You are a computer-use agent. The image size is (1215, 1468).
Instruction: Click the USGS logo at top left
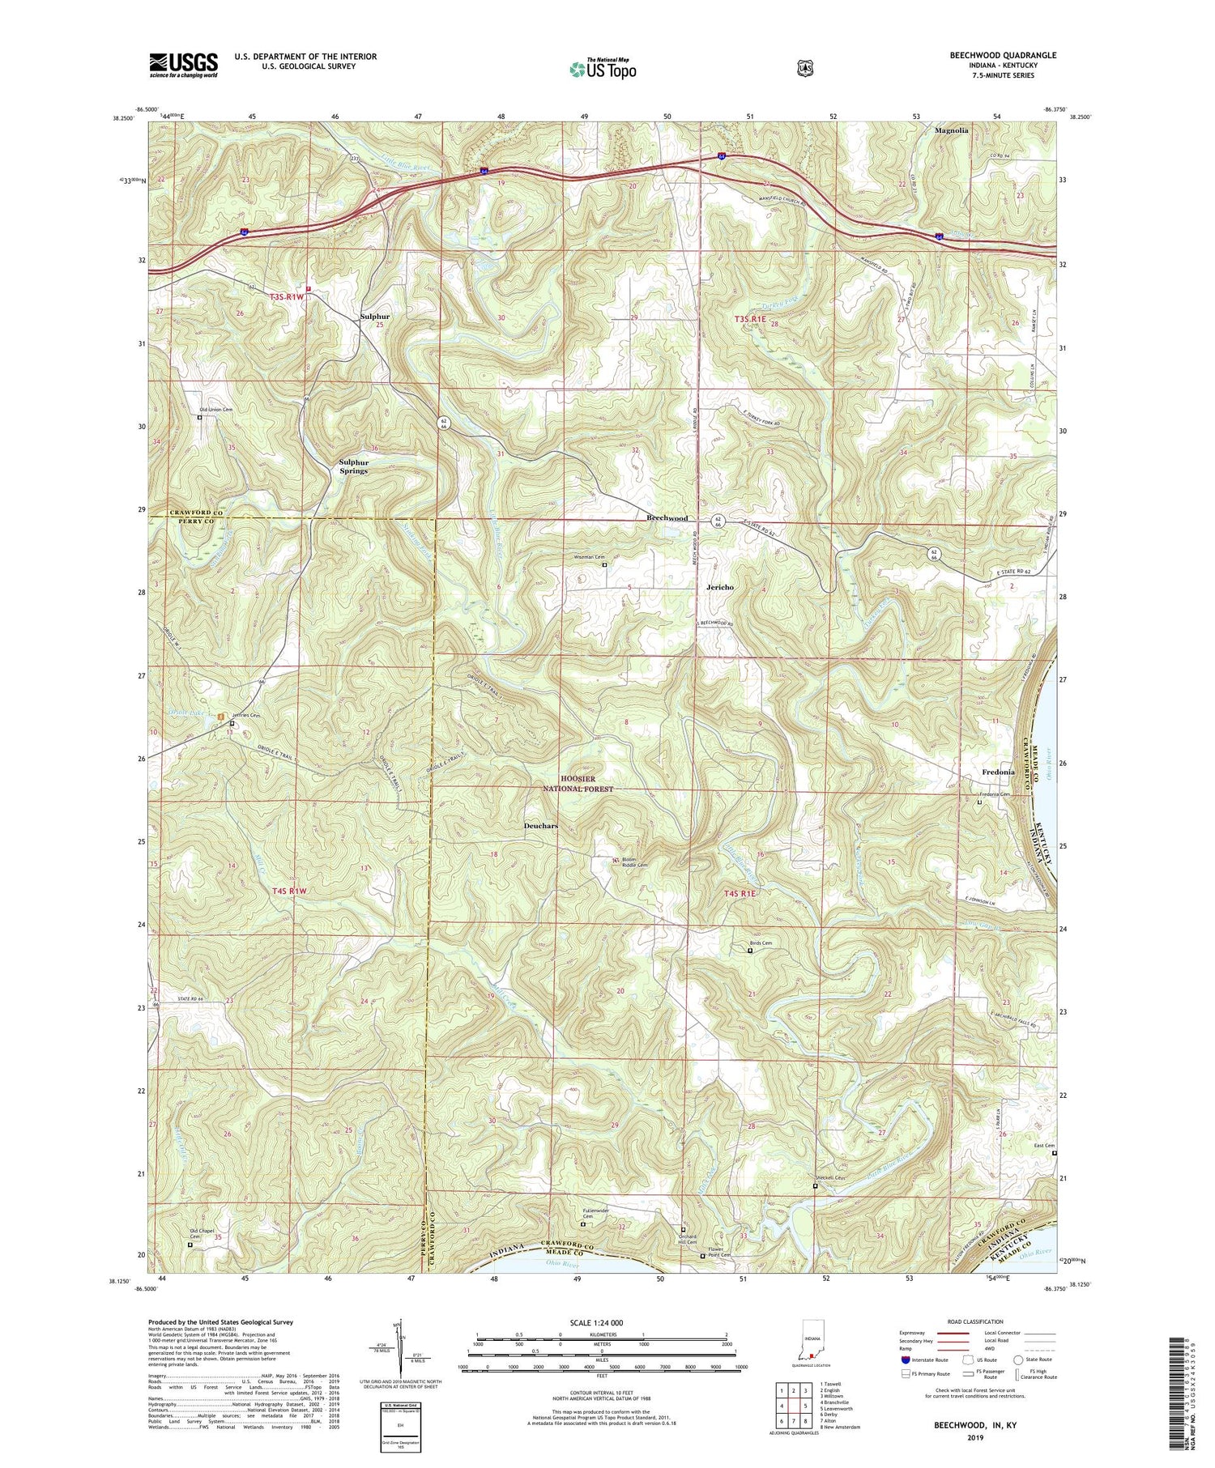183,65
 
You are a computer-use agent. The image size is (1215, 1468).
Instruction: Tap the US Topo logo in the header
603,69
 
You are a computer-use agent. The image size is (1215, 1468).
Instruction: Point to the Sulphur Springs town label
353,466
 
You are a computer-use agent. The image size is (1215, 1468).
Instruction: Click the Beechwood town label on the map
667,518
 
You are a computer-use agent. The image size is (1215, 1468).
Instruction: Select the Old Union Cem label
216,410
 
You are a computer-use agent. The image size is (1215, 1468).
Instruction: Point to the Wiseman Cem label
589,557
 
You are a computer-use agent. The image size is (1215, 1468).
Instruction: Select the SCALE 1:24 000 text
602,1322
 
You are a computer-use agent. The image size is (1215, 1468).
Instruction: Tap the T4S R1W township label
290,891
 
